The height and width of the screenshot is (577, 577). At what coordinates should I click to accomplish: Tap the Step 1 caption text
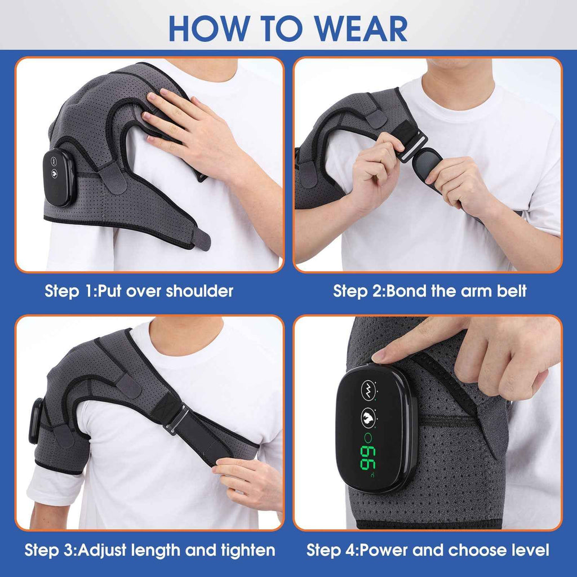139,291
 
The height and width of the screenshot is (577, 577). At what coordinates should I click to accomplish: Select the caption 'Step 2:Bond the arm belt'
430,291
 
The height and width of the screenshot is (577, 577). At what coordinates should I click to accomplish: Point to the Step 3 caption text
150,550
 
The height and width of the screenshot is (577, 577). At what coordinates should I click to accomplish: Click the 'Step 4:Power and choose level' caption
428,550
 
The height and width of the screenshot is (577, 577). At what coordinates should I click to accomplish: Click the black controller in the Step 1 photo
59,177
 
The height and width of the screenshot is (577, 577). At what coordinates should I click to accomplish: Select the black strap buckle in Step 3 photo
178,420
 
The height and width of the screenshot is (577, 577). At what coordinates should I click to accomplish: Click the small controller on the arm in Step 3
36,420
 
